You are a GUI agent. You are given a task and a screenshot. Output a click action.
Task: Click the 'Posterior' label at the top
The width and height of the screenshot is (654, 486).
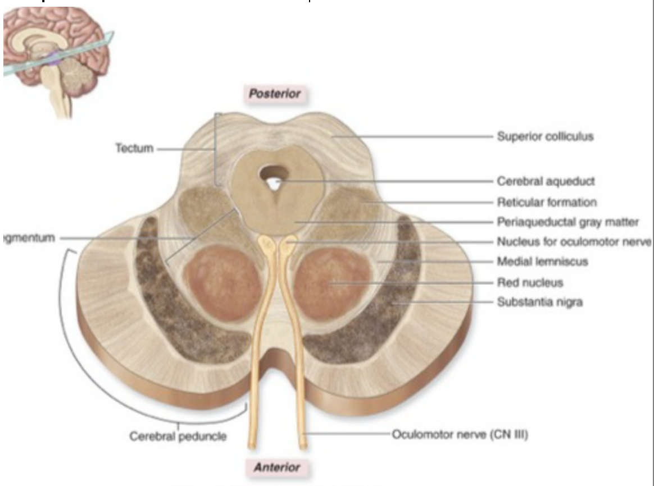tap(275, 94)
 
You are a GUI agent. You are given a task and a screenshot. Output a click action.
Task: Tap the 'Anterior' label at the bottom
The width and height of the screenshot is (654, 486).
tap(276, 467)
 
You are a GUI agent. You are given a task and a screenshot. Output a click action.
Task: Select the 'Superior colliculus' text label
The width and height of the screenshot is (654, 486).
tap(544, 136)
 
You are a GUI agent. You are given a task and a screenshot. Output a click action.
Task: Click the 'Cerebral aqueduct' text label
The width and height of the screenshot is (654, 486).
tap(545, 181)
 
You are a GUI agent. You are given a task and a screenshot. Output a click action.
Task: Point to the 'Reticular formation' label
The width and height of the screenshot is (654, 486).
tap(546, 201)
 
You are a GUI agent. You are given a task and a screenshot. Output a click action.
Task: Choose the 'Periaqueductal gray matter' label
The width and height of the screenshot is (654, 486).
tap(567, 222)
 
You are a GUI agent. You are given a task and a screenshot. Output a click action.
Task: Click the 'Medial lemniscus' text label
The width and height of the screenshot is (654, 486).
tap(542, 262)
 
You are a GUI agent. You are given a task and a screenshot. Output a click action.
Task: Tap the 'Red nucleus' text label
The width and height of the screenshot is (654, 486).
tap(530, 282)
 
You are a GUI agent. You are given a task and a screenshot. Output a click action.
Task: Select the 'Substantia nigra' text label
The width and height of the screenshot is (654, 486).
tap(539, 302)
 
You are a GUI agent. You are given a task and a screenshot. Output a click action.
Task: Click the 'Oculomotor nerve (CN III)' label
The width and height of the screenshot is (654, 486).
tap(459, 434)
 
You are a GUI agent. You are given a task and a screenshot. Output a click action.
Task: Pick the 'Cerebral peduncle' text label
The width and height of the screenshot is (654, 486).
tap(178, 436)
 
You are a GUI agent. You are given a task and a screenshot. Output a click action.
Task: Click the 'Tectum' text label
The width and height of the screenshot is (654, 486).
tap(134, 148)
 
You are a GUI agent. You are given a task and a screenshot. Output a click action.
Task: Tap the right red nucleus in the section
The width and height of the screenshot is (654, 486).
tap(330, 283)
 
